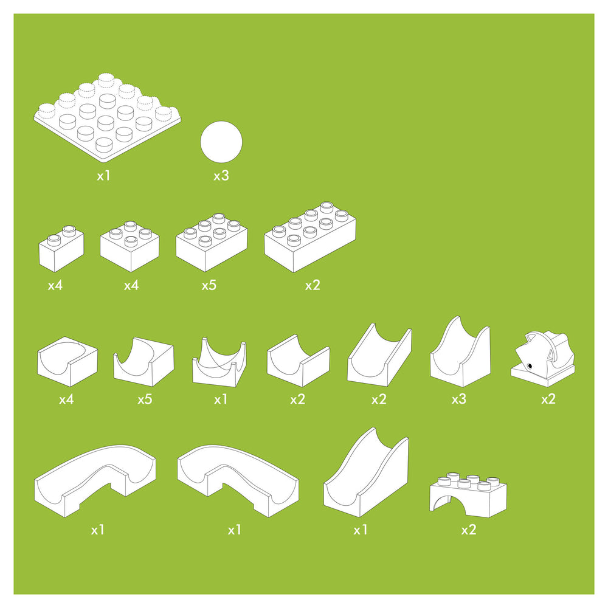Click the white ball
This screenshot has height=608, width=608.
point(221,142)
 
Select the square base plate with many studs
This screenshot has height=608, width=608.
point(107,118)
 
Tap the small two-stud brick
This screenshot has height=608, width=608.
point(61,248)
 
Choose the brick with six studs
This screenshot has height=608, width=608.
point(212,243)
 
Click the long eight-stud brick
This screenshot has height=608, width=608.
point(310,237)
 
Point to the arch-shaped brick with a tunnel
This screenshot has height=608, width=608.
point(468,494)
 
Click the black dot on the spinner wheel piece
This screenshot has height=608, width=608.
point(530,365)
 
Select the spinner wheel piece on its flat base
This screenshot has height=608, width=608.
point(543,359)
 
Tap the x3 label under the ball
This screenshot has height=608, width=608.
point(221,176)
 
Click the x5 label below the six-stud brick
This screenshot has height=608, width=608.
point(209,286)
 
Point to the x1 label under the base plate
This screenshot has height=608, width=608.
point(103,176)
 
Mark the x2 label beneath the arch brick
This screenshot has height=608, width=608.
point(468,530)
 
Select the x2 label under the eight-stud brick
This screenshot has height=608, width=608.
point(313,286)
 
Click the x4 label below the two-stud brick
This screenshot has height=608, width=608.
point(55,286)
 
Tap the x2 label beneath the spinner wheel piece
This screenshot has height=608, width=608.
point(548,399)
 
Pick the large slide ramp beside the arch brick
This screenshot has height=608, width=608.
point(366,472)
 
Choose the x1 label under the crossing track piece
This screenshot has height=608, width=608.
point(221,399)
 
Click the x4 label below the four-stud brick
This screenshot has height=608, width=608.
point(131,286)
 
